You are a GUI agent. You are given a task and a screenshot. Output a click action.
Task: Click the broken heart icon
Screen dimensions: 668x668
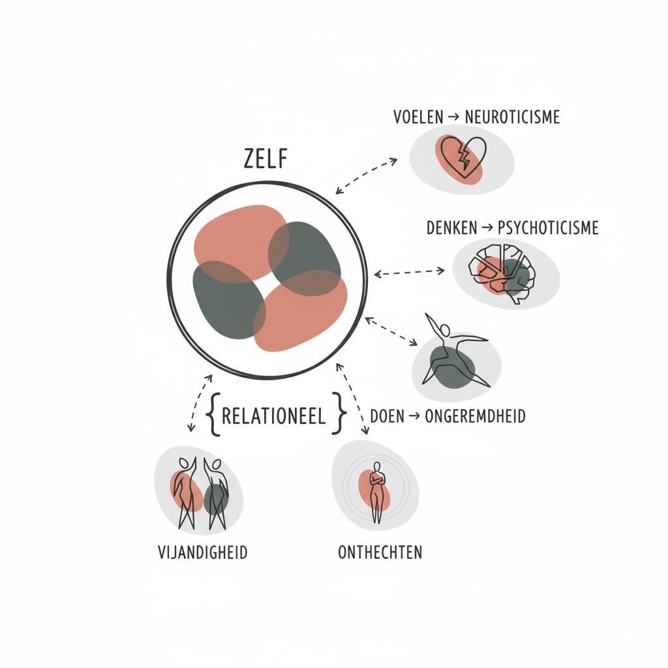(463, 157)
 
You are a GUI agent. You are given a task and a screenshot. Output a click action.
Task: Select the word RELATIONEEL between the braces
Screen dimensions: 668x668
(274, 416)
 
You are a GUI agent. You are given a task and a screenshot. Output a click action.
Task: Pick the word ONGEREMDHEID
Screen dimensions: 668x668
(476, 416)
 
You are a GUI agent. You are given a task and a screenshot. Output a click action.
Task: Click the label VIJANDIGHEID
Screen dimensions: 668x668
(203, 553)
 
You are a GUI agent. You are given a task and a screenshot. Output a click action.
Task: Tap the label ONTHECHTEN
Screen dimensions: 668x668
(380, 553)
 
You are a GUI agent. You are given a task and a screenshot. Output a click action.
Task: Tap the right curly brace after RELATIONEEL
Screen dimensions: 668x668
(337, 414)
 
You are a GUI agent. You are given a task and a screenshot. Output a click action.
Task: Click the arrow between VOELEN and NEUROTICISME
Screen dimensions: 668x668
(454, 117)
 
